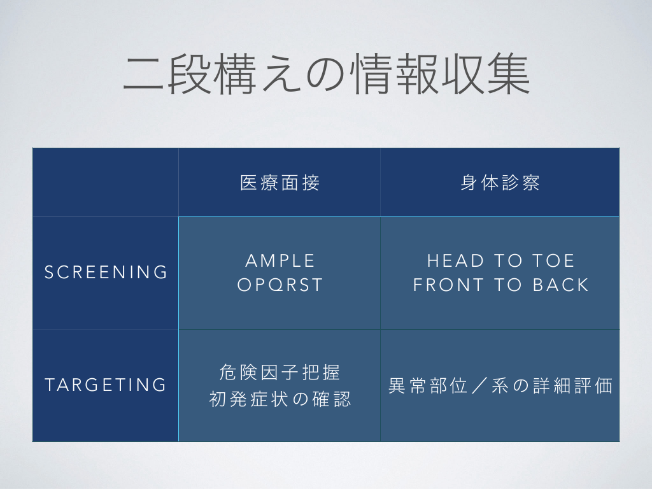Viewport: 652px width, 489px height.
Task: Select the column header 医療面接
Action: tap(280, 183)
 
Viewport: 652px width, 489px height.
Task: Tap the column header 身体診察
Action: tap(500, 183)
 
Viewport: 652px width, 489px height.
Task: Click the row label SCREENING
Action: tap(106, 273)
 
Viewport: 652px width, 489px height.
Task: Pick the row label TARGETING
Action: tap(106, 385)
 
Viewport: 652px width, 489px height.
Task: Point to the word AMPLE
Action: tap(280, 260)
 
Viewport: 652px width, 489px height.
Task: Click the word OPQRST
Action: tap(280, 285)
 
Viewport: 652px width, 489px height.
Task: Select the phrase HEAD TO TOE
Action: tap(500, 260)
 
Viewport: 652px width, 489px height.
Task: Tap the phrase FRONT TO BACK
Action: tap(500, 285)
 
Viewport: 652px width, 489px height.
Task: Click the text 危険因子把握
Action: tap(280, 372)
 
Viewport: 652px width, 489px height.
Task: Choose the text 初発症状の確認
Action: tap(280, 399)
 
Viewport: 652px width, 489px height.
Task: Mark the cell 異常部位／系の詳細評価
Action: tap(500, 385)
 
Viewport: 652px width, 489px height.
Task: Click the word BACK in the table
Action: tap(560, 285)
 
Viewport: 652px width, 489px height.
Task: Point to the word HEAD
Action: tap(456, 260)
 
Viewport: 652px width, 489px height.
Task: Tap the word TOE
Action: tap(553, 260)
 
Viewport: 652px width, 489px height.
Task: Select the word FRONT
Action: tap(448, 285)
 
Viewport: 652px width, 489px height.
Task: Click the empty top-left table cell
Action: tap(106, 182)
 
